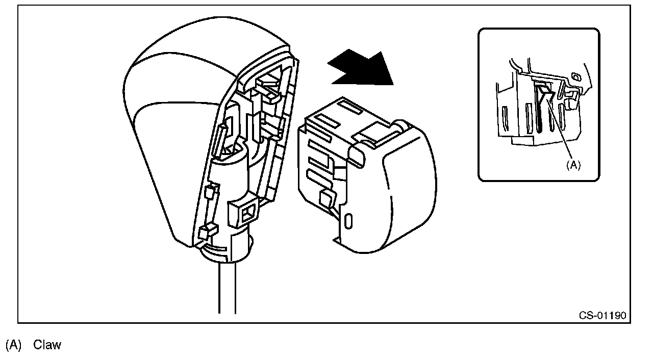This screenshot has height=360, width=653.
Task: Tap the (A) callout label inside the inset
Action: pyautogui.click(x=573, y=165)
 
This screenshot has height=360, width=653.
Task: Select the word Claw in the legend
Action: pyautogui.click(x=47, y=345)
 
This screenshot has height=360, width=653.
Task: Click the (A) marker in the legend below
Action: pyautogui.click(x=13, y=345)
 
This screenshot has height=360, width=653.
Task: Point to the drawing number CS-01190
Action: pyautogui.click(x=602, y=315)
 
